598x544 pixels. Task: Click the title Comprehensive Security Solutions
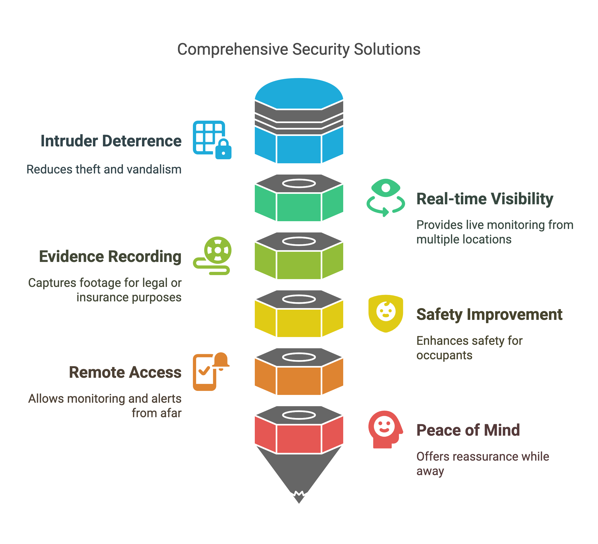[x=299, y=49]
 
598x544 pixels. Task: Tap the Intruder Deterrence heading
[x=111, y=141]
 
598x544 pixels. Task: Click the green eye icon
[x=386, y=188]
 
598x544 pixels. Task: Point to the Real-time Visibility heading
[x=485, y=199]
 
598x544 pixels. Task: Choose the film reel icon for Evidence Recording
[x=218, y=250]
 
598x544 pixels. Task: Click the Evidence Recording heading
[x=110, y=257]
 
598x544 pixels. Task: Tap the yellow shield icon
[x=386, y=313]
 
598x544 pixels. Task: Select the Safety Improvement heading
[x=489, y=314]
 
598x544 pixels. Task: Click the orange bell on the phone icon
[x=221, y=361]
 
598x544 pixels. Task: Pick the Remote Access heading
[x=125, y=372]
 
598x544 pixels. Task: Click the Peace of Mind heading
[x=468, y=430]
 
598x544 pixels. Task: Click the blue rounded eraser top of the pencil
[x=299, y=94]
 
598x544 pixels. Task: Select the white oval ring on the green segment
[x=299, y=184]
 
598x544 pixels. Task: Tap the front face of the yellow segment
[x=299, y=323]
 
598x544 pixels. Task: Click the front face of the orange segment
[x=299, y=381]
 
